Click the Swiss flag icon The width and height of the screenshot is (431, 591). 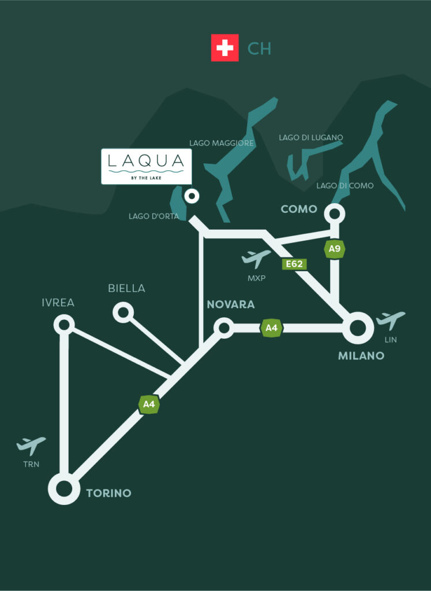coord(224,47)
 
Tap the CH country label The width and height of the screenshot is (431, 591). coord(259,48)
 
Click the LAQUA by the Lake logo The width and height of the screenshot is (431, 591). coord(146,166)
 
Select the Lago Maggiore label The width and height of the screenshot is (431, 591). coord(222,143)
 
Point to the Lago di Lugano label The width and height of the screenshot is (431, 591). coord(311,137)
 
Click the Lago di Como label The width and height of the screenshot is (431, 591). coord(345,186)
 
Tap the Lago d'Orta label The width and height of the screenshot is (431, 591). coord(154,216)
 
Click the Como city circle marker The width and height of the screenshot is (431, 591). coord(334,214)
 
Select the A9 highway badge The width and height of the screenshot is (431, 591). coord(333,249)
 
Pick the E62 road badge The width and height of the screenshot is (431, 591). coord(293,264)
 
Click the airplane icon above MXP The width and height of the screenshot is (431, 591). coord(256,259)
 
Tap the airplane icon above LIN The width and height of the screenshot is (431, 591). coord(391,320)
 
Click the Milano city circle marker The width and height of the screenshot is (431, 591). coord(358,328)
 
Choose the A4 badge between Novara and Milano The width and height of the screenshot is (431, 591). coord(271,328)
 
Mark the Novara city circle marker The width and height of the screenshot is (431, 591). coord(223,328)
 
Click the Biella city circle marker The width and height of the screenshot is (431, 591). coord(123,313)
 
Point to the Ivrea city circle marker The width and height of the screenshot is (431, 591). coord(63,324)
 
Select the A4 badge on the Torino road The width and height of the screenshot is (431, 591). coord(149,404)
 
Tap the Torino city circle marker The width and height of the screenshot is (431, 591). coord(64,488)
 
